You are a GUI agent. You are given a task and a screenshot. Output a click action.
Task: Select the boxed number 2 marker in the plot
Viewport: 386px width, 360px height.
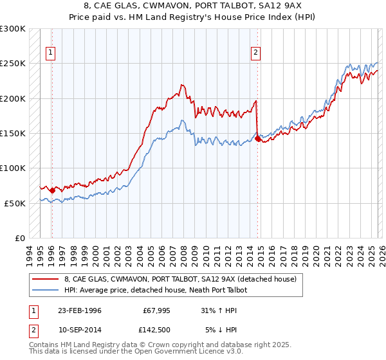click(256, 53)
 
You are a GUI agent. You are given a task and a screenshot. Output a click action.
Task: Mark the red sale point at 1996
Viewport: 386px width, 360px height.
click(52, 190)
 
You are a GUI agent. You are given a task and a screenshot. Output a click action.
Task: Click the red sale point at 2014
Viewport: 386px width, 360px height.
click(257, 138)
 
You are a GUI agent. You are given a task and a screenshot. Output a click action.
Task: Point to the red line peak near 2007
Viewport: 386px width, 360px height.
click(183, 85)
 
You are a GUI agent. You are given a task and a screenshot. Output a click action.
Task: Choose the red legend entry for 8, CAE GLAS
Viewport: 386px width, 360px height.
click(180, 279)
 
